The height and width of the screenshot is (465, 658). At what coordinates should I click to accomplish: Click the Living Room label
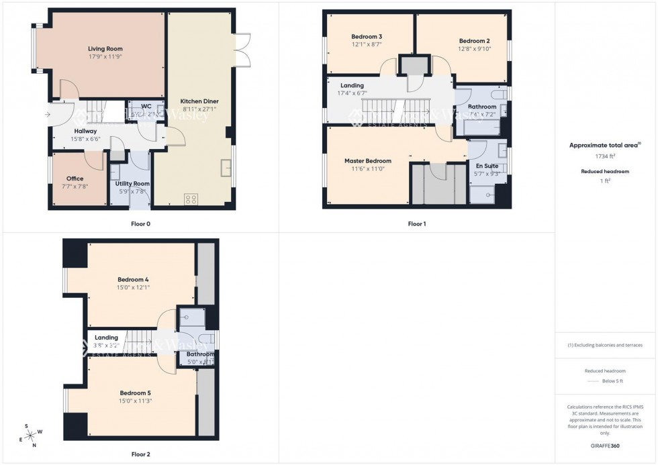pos(105,49)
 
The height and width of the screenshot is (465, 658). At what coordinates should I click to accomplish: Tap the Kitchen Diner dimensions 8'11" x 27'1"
pos(199,109)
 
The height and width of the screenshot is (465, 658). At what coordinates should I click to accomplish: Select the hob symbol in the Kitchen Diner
pos(191,199)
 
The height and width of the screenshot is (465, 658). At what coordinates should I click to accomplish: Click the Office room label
pos(75,178)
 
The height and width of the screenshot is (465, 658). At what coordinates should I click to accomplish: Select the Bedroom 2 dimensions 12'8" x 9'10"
pos(475,48)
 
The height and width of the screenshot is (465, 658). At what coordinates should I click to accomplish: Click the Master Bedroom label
pos(368,161)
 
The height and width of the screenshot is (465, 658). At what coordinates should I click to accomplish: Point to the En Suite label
pos(487,166)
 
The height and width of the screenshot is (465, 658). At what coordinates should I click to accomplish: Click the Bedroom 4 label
pos(133,279)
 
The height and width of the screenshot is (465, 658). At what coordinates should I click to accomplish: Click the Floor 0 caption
pos(141,224)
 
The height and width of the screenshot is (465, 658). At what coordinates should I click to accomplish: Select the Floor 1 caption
pos(416,224)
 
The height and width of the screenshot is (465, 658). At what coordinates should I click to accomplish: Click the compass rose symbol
pos(30,435)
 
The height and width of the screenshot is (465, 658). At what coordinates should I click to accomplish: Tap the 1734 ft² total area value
pos(605,156)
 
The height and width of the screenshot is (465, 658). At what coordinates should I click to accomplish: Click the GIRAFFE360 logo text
pos(605,445)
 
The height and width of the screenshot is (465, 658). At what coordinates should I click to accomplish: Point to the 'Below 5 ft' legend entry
pos(612,381)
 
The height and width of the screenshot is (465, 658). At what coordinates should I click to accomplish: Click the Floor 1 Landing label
pos(352,86)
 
